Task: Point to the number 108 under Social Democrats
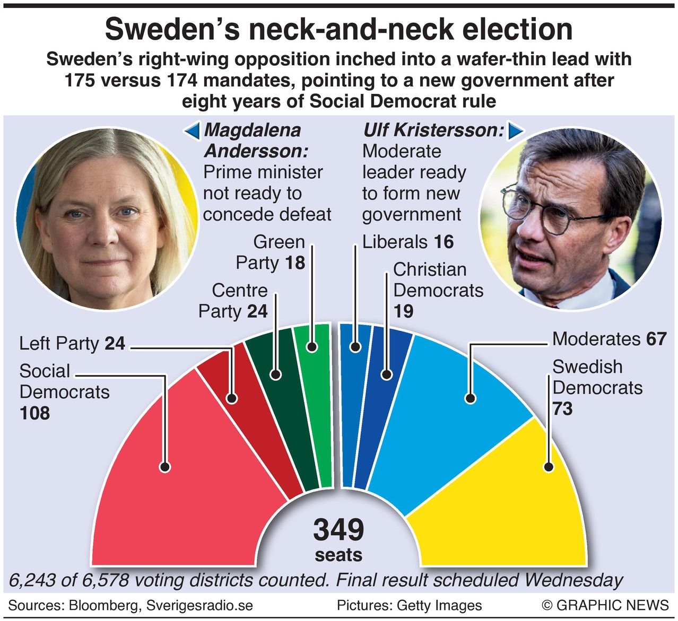(35, 413)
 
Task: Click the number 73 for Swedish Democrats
(562, 409)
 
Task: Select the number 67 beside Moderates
(656, 339)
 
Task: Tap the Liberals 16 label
(407, 242)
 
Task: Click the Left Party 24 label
(72, 344)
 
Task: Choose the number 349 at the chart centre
(338, 530)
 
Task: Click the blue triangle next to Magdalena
(193, 130)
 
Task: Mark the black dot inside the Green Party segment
(312, 347)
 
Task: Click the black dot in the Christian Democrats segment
(387, 374)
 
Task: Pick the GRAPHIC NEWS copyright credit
(605, 605)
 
